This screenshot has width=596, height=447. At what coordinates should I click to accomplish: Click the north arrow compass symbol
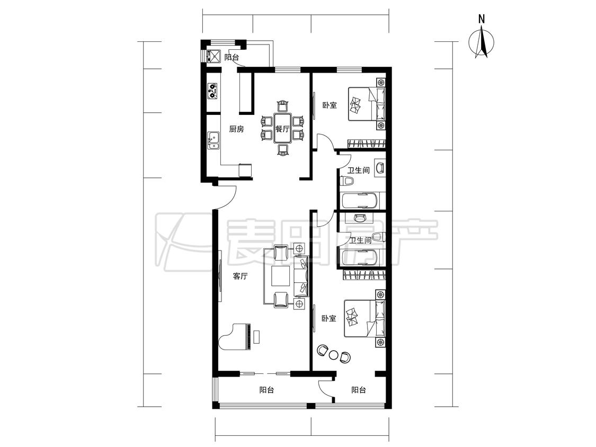(x=482, y=42)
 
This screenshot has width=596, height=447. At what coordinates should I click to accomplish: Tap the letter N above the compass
(x=482, y=19)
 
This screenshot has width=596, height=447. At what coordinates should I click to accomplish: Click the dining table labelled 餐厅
(x=282, y=128)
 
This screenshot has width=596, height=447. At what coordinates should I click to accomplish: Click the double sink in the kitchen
(x=214, y=140)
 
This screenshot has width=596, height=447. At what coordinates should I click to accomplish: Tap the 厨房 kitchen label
(x=236, y=129)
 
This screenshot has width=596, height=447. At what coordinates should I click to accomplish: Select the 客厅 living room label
(x=240, y=276)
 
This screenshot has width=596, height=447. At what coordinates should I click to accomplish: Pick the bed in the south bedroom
(x=364, y=318)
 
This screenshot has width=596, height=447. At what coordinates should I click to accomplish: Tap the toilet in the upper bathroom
(x=348, y=181)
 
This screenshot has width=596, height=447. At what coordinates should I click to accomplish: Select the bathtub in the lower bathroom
(x=360, y=258)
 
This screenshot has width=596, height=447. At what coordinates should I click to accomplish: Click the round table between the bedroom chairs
(x=333, y=355)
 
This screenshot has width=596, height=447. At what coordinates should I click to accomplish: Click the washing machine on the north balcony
(x=214, y=56)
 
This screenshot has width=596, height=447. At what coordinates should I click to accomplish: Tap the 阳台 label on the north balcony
(x=232, y=58)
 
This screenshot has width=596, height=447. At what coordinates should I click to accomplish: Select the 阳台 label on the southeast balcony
(x=359, y=390)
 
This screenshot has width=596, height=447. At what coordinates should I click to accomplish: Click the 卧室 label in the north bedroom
(x=330, y=105)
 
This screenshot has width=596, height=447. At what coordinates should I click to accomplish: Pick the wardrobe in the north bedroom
(x=367, y=144)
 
